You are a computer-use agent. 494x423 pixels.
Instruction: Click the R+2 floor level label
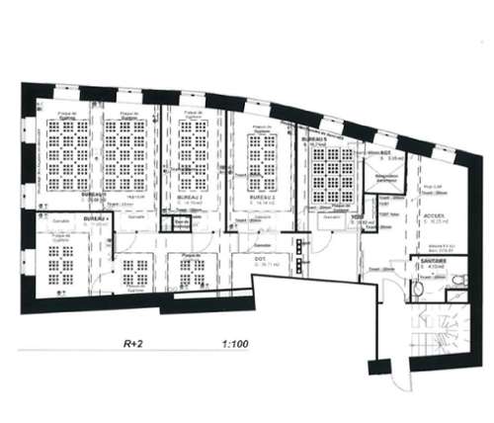click(133, 346)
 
